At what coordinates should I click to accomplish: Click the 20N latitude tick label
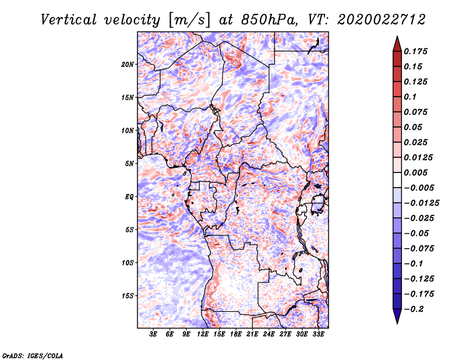point(128,65)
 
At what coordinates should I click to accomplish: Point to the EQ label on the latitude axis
point(129,197)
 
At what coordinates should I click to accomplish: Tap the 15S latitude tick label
point(128,296)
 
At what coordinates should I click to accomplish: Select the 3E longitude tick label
point(153,334)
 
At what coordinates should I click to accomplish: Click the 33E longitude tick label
point(318,334)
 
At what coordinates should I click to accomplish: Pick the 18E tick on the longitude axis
point(236,334)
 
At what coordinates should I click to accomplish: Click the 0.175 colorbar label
point(415,51)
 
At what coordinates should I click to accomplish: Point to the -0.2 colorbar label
point(414,309)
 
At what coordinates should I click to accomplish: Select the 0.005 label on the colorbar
point(415,172)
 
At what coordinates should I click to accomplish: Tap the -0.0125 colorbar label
point(421,203)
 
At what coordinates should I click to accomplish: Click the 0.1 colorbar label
point(410,97)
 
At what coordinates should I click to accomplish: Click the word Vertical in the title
point(69,20)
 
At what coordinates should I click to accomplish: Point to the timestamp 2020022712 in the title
point(382,20)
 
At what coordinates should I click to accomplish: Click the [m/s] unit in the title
point(190,20)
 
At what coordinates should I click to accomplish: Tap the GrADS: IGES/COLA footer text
point(33,356)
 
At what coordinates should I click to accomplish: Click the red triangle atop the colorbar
point(397,44)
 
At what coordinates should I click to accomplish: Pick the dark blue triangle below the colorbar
point(397,316)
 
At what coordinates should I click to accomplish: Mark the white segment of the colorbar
point(397,180)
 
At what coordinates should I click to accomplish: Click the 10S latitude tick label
point(128,263)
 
